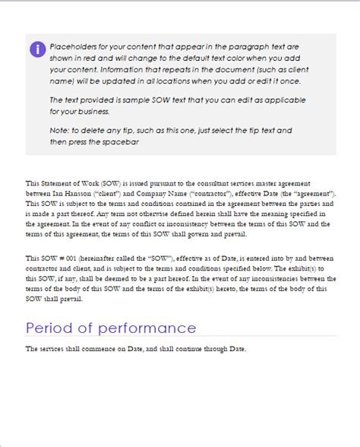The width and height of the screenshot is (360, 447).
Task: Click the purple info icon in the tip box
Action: [37, 49]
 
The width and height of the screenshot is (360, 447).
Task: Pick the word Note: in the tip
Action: [60, 131]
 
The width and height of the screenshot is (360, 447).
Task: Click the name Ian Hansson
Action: [73, 194]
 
